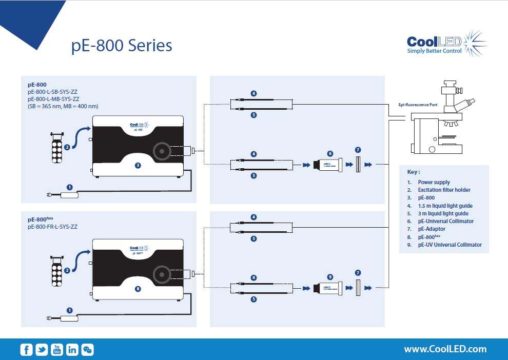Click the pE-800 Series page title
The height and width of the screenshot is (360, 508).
pos(122,46)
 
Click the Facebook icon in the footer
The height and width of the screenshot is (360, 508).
pos(27,350)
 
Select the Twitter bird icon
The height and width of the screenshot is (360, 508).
pos(42,350)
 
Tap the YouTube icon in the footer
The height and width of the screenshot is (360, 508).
pos(56,350)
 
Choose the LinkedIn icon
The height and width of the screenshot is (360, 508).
pos(72,350)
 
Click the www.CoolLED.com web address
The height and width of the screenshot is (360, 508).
pos(445,349)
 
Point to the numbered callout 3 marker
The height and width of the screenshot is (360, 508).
pos(138,166)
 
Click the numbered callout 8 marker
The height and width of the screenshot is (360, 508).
pos(138,289)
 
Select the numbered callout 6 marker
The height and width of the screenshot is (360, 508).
pos(330,153)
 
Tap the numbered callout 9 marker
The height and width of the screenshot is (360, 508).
pos(330,277)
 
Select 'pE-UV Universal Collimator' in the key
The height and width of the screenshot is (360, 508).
pos(450,245)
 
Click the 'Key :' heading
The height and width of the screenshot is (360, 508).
pos(414,172)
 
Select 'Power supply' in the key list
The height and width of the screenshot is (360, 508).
pos(434,182)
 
